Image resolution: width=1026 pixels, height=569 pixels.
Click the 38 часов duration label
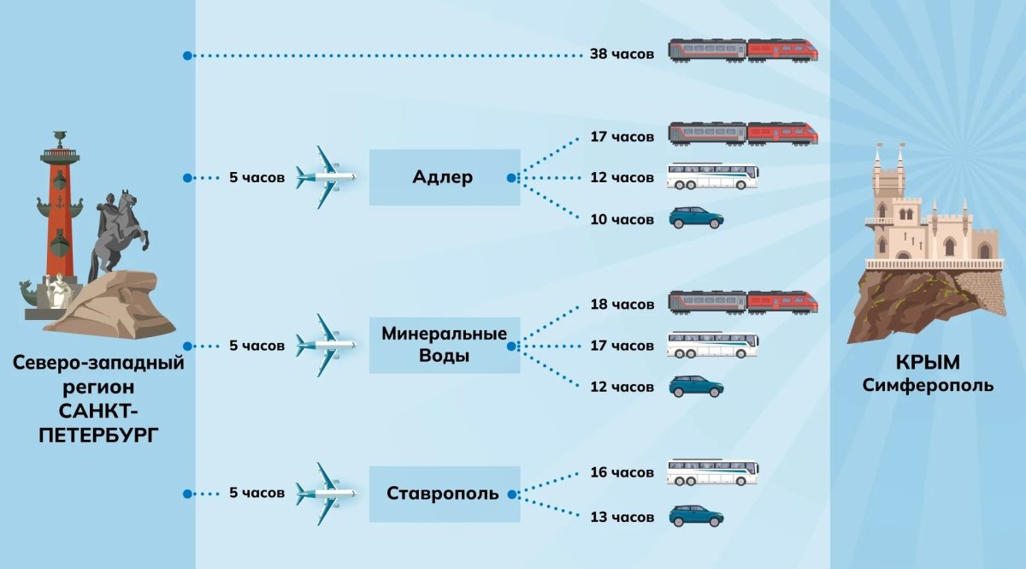(x=622, y=54)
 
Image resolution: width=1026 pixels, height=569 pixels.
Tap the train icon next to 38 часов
(x=743, y=50)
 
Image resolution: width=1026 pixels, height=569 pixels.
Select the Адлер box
(x=445, y=177)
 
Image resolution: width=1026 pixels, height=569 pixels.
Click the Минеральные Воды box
(x=445, y=345)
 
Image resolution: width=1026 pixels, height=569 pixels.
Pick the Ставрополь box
(x=445, y=495)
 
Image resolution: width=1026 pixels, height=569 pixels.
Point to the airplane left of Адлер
(x=325, y=177)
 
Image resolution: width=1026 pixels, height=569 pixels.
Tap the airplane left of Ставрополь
(x=325, y=494)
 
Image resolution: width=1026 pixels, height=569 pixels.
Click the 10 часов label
(x=622, y=220)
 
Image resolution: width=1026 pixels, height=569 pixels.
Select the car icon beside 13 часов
(x=696, y=516)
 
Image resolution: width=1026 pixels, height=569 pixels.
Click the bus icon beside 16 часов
(x=713, y=472)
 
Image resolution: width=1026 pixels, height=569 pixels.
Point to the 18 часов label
(x=622, y=305)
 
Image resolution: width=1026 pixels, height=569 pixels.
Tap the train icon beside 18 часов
(x=743, y=303)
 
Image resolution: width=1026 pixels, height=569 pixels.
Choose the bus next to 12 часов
(x=713, y=176)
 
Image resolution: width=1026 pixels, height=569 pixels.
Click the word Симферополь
(x=928, y=385)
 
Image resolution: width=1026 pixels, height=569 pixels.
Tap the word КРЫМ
(x=928, y=363)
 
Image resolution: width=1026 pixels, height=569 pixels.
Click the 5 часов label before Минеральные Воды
(x=257, y=346)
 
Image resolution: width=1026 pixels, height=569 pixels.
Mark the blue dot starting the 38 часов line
(x=187, y=56)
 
